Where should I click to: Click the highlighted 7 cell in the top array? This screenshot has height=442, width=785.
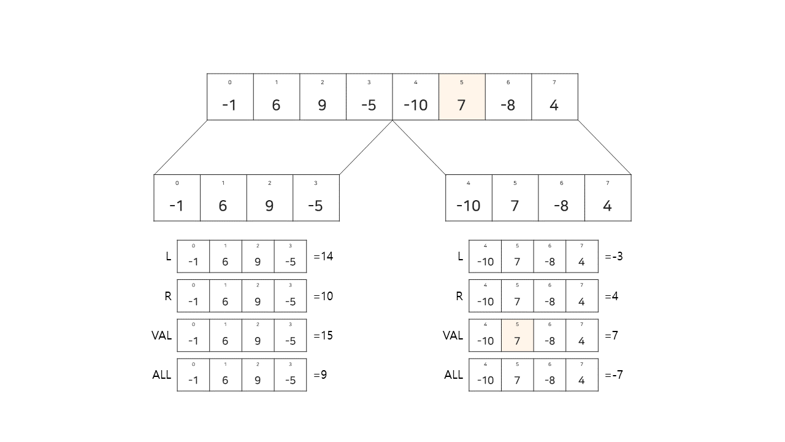462,97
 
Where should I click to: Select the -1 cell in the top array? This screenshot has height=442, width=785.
230,97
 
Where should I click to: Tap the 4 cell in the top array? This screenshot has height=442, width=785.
554,97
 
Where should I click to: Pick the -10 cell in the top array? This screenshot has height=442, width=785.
415,97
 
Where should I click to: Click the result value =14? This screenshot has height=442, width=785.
323,257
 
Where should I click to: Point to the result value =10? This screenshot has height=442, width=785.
323,296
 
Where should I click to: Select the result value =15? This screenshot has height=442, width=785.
323,336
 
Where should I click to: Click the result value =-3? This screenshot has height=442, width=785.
614,257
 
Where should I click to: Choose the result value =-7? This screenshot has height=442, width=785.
614,375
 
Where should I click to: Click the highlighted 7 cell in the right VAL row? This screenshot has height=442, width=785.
517,335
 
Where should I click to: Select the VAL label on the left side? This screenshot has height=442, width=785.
162,336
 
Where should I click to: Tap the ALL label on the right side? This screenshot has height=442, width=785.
454,375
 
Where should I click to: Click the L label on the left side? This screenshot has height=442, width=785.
169,257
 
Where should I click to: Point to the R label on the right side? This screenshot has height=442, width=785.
459,296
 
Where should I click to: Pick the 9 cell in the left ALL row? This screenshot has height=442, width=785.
258,375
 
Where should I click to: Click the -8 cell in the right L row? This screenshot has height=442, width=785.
549,257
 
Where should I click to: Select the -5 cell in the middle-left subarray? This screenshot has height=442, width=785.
316,198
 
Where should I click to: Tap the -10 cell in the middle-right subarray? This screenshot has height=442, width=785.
469,198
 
